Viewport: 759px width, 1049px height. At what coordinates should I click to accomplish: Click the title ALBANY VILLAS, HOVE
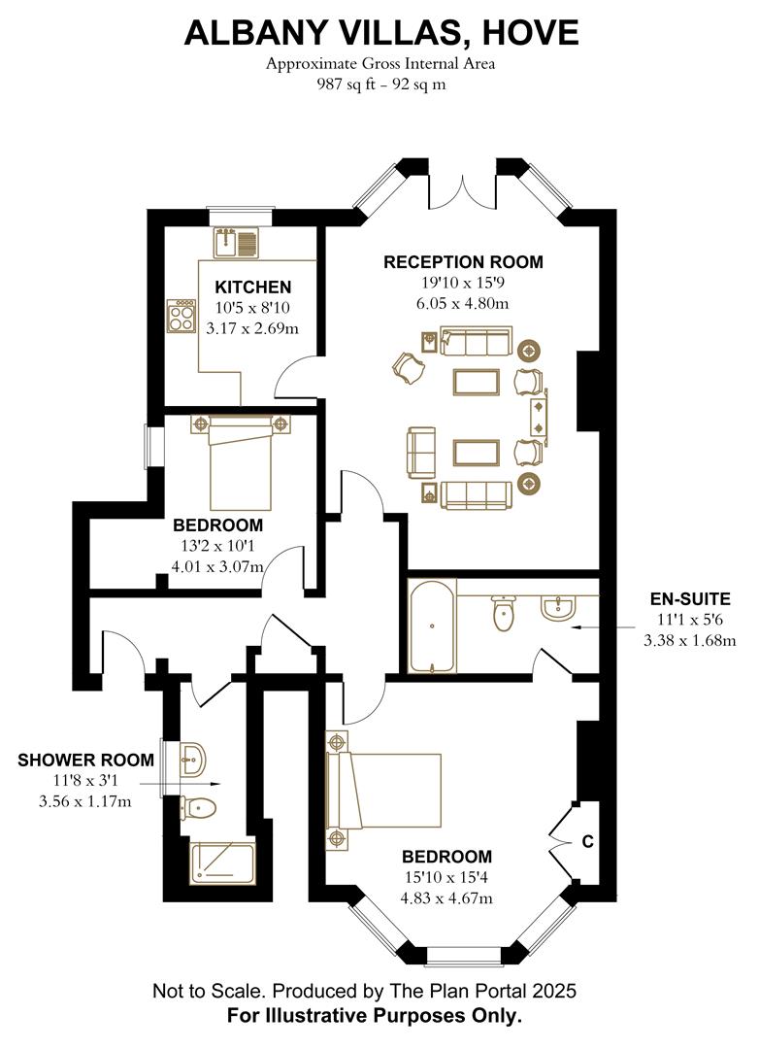(x=380, y=33)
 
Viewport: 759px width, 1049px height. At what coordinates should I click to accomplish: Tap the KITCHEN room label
(x=252, y=288)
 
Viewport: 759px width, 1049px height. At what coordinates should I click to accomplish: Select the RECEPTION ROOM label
(x=463, y=262)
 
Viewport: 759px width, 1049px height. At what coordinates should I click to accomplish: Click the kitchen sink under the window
(x=235, y=240)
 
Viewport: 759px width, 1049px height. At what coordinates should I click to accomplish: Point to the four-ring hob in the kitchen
(x=181, y=316)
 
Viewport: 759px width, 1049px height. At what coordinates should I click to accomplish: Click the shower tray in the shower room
(x=222, y=863)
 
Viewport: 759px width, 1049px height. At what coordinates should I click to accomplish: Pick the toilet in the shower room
(x=200, y=807)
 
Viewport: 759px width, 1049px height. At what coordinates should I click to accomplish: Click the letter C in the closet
(x=587, y=842)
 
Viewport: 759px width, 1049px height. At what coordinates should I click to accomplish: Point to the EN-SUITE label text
(x=690, y=599)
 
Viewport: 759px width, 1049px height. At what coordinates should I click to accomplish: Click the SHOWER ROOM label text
(x=85, y=761)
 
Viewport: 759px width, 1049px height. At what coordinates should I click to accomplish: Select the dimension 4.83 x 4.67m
(x=446, y=898)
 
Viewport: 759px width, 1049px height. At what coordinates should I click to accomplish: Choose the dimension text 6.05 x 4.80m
(x=463, y=303)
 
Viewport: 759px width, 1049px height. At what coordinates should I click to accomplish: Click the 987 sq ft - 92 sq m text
(x=380, y=84)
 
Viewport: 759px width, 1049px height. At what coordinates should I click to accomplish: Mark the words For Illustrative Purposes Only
(x=375, y=1017)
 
